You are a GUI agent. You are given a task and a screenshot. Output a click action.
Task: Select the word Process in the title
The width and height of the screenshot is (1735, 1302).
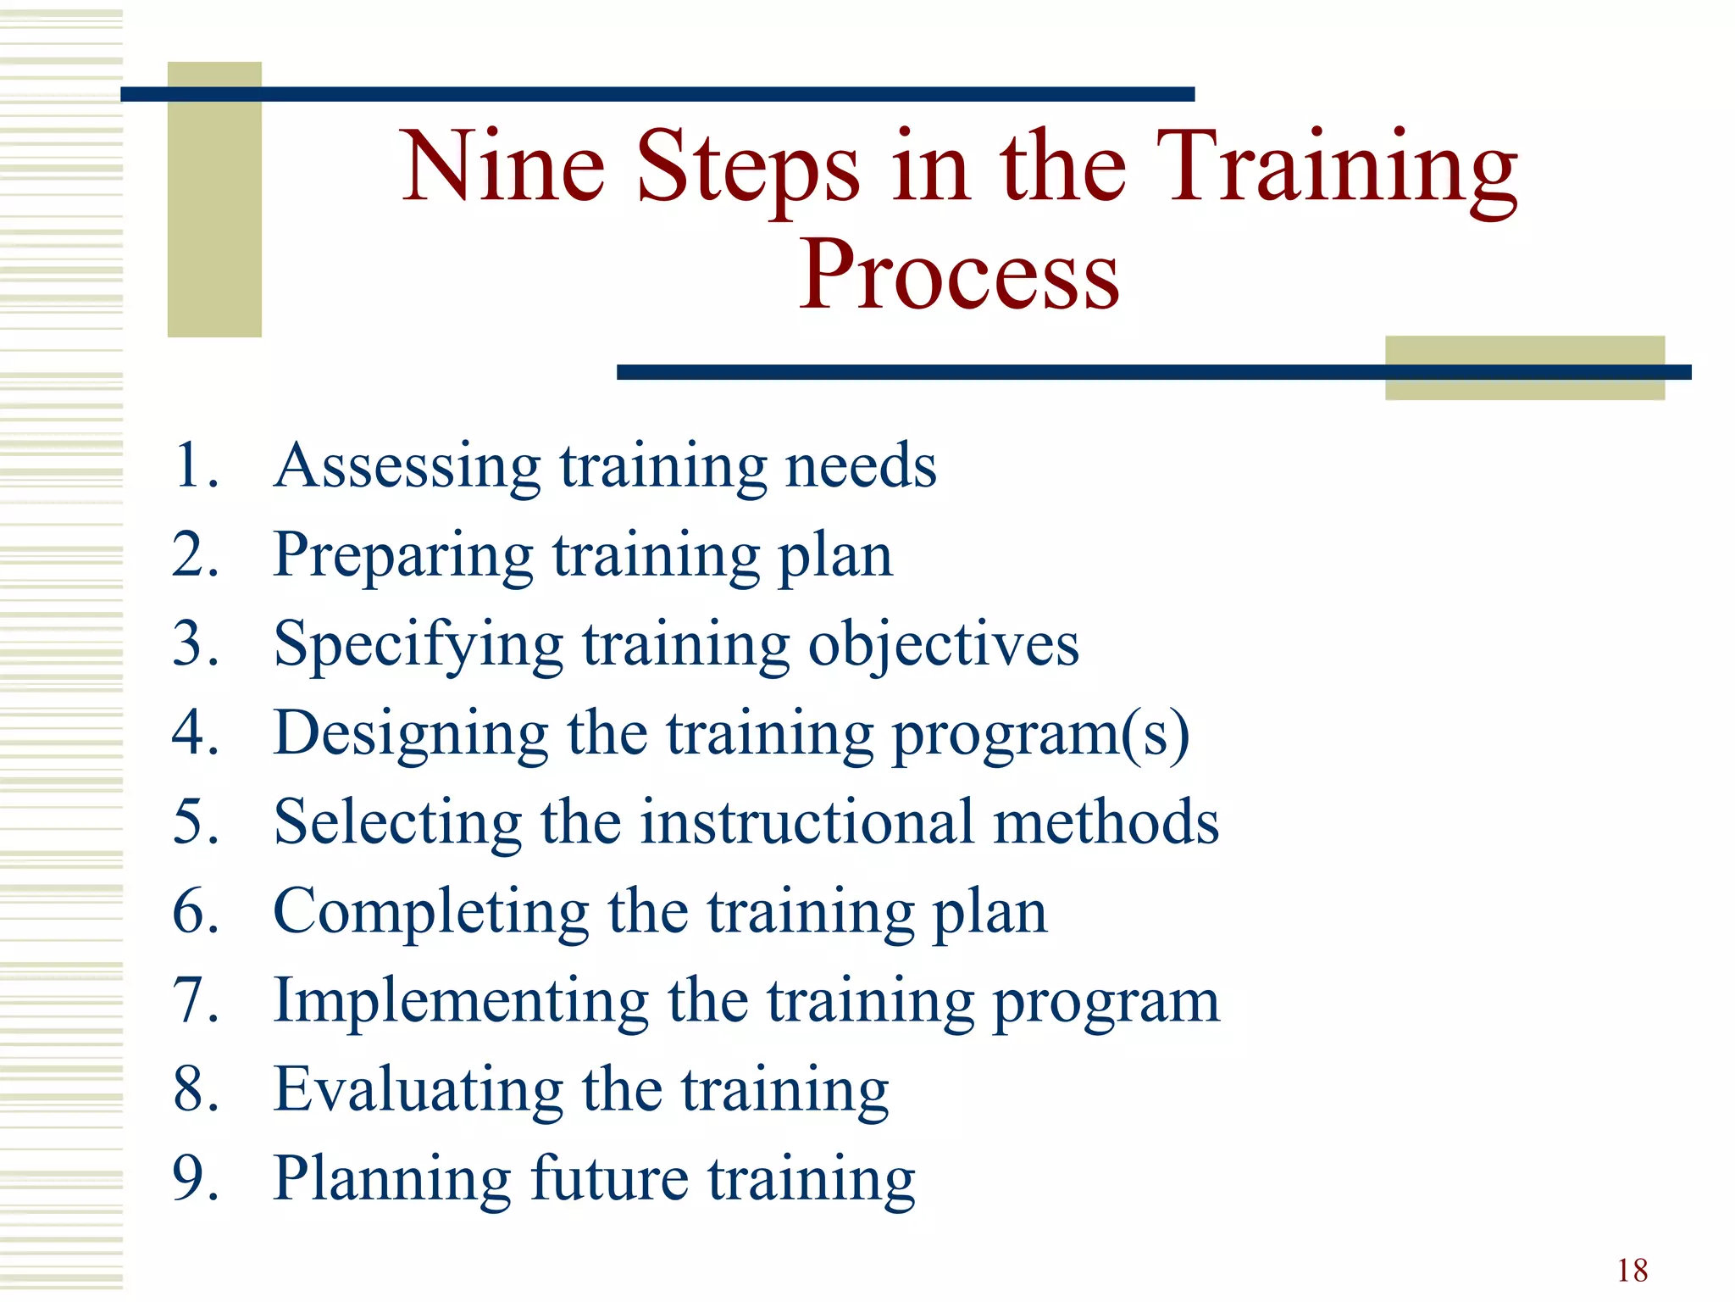[x=959, y=275]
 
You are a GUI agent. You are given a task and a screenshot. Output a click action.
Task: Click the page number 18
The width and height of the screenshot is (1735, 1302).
[x=1632, y=1271]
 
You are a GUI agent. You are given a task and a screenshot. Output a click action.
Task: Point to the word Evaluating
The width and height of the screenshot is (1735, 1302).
[x=419, y=1090]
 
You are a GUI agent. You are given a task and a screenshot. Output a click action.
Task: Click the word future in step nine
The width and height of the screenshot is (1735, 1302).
[x=609, y=1178]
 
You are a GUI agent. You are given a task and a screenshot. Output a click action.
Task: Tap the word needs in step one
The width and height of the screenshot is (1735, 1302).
[x=861, y=466]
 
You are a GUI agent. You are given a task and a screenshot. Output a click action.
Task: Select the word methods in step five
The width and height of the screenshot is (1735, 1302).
[x=1106, y=822]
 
